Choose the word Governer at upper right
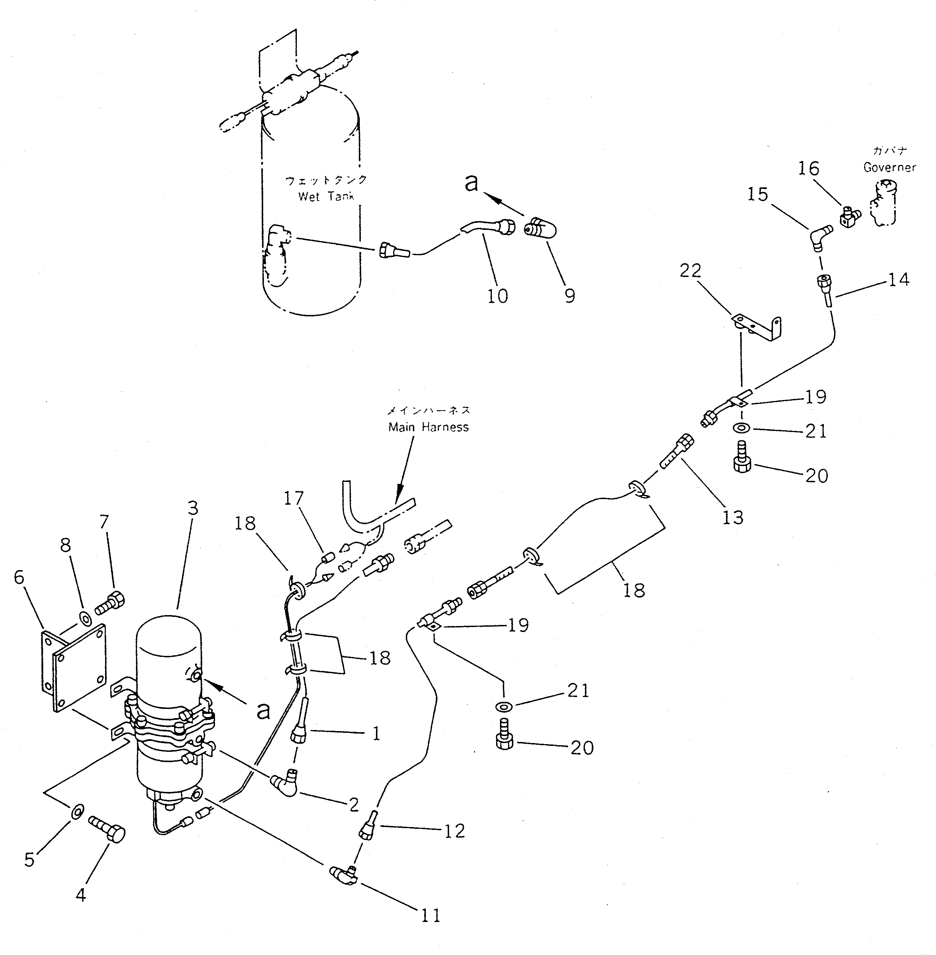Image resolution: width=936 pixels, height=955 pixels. click(890, 167)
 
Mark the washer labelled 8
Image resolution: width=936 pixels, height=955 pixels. click(85, 618)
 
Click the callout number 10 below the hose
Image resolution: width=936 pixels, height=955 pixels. click(498, 296)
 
